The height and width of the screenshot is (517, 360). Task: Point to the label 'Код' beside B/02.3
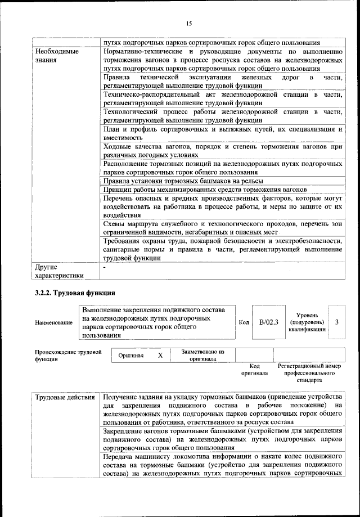click(x=244, y=322)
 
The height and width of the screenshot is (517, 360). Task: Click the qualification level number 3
click(x=336, y=322)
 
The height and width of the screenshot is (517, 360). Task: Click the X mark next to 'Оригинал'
click(x=160, y=356)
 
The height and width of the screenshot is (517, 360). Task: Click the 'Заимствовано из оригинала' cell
click(x=202, y=355)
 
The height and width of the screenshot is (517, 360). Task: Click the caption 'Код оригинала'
click(x=254, y=369)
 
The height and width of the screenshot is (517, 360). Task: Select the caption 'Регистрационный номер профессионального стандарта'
click(x=309, y=373)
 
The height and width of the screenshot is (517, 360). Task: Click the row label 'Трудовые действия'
click(x=65, y=398)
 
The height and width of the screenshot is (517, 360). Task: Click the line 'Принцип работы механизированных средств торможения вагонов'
click(x=205, y=190)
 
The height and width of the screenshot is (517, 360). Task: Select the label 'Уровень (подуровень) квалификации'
click(x=307, y=323)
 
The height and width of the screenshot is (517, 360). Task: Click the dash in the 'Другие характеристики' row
click(x=105, y=267)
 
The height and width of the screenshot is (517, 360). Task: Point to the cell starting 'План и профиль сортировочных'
click(x=223, y=133)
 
